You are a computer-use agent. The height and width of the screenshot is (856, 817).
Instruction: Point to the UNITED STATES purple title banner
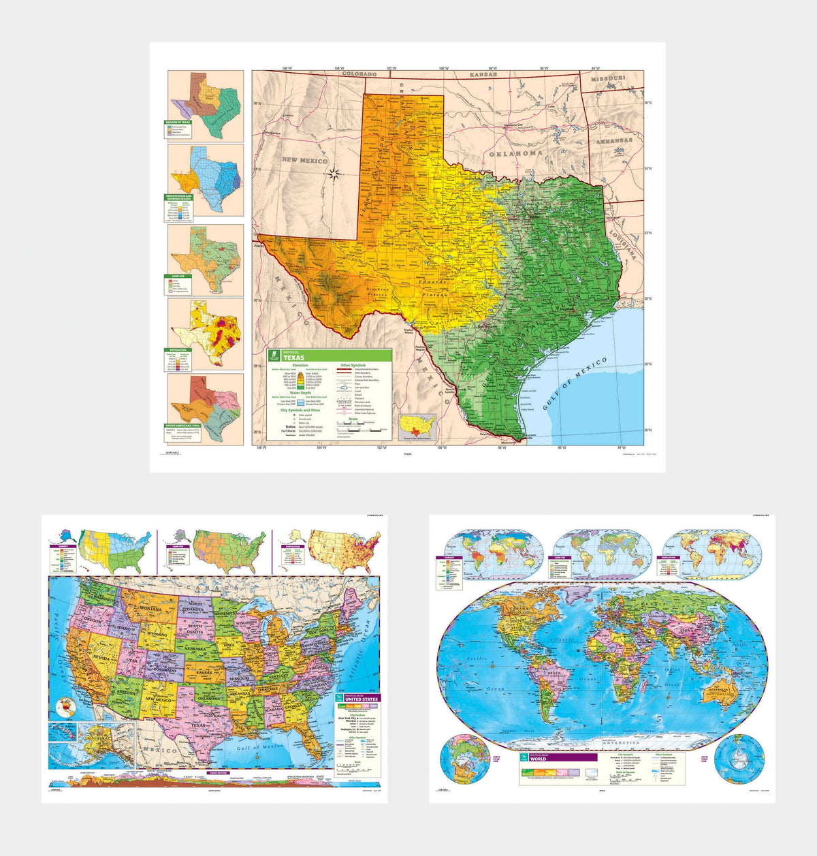(x=357, y=699)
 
